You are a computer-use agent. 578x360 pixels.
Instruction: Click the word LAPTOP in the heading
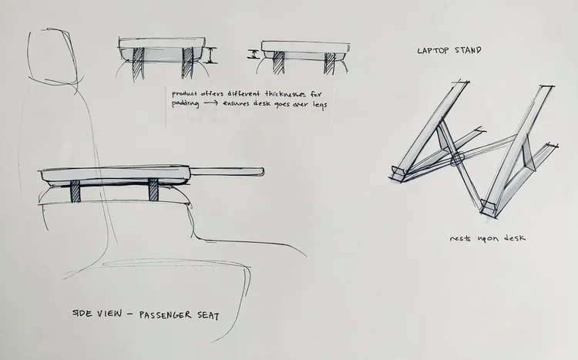click(432, 51)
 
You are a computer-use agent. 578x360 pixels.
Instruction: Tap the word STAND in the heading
click(468, 51)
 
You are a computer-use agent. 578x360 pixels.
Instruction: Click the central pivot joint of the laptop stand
click(457, 160)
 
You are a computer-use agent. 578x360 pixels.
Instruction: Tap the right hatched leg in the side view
click(153, 190)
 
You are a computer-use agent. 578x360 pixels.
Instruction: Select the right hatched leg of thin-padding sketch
click(330, 63)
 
